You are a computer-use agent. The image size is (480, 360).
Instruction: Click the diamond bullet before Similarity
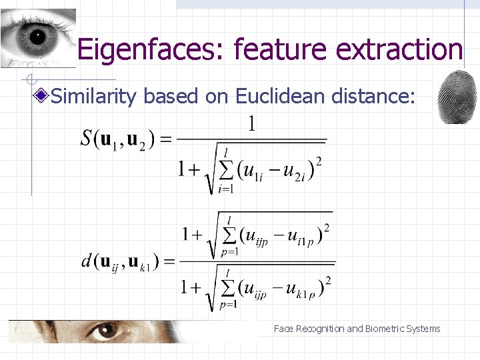(43, 97)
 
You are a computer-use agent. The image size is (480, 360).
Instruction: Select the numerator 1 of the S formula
(252, 124)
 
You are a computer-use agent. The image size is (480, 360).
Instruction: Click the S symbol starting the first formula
(87, 139)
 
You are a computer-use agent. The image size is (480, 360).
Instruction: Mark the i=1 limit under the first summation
(227, 189)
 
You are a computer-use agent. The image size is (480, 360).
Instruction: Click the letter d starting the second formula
(86, 261)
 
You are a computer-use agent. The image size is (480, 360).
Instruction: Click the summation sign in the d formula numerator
(230, 235)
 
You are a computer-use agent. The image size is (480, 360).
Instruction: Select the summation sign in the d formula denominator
(230, 287)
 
